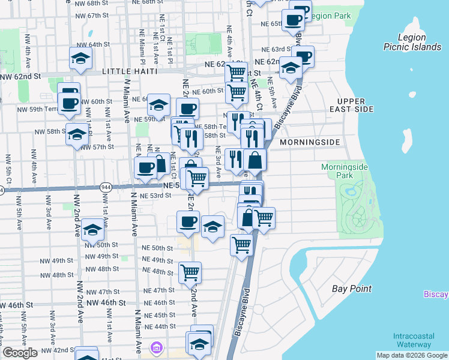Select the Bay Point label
pos(352,289)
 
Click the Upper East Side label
pos(355,105)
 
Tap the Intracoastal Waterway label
pos(414,340)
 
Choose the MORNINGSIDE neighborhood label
pos(310,142)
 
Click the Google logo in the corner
pos(20,353)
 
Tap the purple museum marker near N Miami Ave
pos(157,347)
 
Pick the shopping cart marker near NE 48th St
pos(190,272)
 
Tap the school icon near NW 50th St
pos(93,230)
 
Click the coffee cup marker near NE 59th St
pos(188,109)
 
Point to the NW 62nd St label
pos(20,76)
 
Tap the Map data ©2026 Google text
pos(412,355)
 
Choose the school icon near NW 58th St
pos(77,134)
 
